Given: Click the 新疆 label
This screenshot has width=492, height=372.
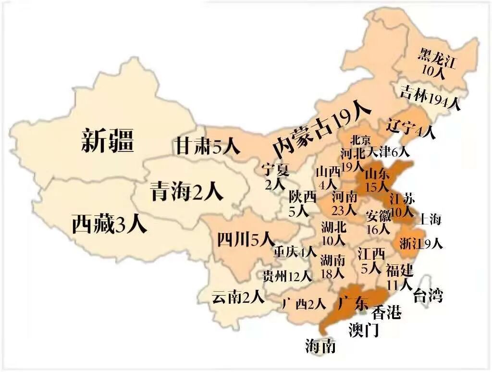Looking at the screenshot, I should click(x=107, y=140).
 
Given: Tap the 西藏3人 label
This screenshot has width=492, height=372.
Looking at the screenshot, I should click(x=109, y=224).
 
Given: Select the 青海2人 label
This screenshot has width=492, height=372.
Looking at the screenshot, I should click(x=186, y=191).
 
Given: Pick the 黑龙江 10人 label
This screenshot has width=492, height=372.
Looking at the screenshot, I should click(x=437, y=63).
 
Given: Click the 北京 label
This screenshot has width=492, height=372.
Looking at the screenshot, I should click(x=360, y=140).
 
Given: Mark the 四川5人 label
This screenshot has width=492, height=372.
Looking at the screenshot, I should click(x=245, y=239).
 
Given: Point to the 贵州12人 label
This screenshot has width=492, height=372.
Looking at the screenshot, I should click(x=287, y=276).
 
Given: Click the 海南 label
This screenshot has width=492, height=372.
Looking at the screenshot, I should click(x=320, y=346).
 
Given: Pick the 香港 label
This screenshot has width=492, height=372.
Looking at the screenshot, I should click(x=386, y=313).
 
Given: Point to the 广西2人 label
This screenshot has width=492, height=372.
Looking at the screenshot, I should click(x=304, y=304).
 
